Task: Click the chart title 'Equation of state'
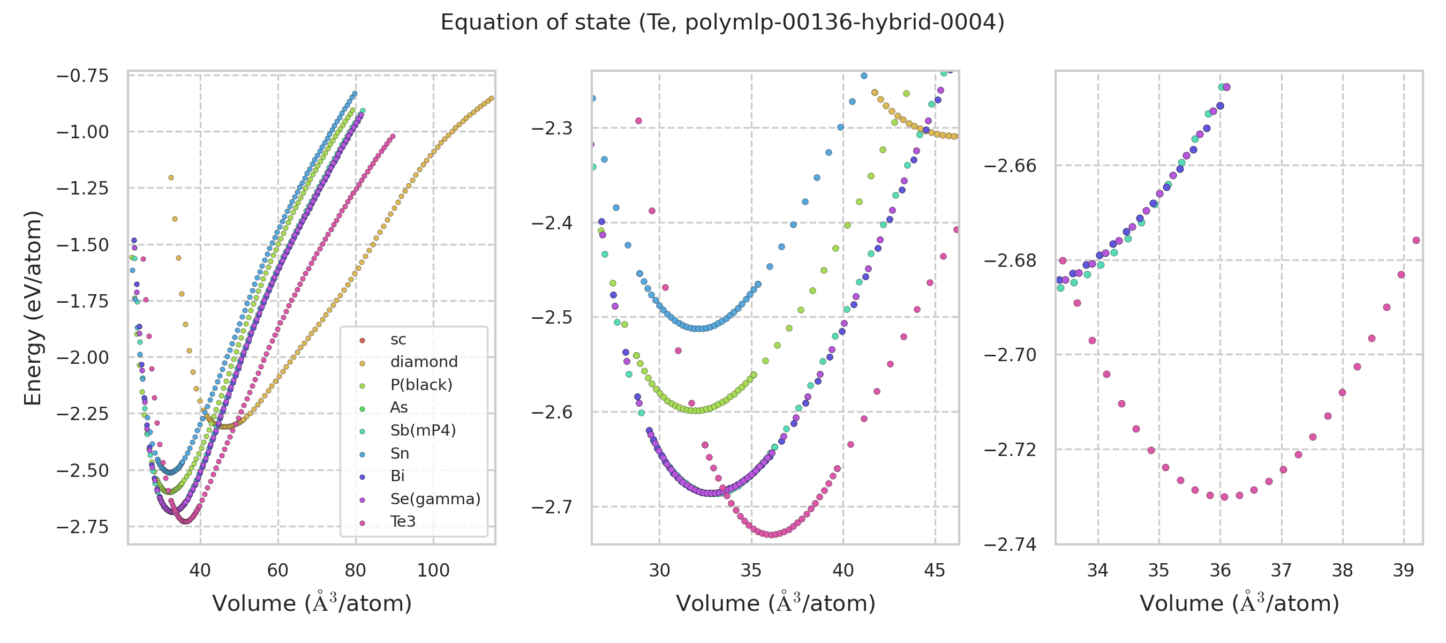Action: (x=722, y=23)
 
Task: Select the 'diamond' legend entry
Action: (x=424, y=362)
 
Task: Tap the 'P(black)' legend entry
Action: (x=421, y=385)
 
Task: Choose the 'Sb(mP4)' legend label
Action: (x=423, y=430)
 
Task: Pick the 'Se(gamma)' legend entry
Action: (x=435, y=499)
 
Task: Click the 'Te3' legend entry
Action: (x=403, y=522)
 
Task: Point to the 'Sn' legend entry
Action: (x=399, y=453)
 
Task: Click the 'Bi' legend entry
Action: (x=397, y=476)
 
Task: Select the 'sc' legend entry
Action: (x=397, y=339)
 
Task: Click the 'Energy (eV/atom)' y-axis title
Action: (x=33, y=308)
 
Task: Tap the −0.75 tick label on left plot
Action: (x=82, y=75)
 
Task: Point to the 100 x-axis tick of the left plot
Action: (x=433, y=571)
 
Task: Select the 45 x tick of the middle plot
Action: (x=934, y=571)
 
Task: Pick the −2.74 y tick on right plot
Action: (x=1010, y=544)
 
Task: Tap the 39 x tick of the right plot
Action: (x=1403, y=571)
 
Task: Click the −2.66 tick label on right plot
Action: (x=1010, y=166)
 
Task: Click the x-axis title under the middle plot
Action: (x=775, y=603)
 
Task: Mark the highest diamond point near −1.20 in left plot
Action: (x=171, y=178)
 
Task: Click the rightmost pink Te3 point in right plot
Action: (x=1416, y=241)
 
